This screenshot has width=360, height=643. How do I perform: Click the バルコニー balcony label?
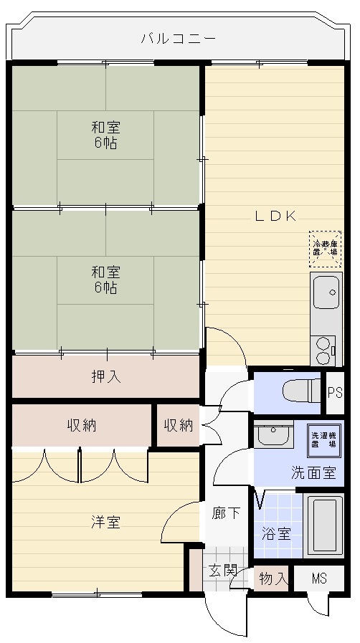coord(178,39)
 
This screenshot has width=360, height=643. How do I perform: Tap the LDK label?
coord(275,216)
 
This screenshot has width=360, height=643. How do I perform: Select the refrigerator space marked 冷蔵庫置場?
coord(325,249)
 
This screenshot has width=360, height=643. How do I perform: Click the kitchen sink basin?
coord(326,292)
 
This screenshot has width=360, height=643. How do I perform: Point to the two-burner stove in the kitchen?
coord(323,351)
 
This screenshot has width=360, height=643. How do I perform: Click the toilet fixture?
coord(302,391)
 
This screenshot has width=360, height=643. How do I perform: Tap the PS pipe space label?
coord(335,393)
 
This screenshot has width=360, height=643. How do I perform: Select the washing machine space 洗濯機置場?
coord(324,441)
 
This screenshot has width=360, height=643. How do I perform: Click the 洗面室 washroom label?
coord(313,473)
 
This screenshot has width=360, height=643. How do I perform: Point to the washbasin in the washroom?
coord(273,434)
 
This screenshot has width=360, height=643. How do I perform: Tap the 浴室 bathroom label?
coord(277,534)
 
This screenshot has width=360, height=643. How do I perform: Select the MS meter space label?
coord(319,578)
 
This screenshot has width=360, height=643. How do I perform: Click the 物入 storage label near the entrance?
coord(273,579)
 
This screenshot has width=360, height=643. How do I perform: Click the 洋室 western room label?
coord(106,523)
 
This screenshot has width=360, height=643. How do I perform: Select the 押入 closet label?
coord(106,376)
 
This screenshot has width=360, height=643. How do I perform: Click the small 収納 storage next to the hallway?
coord(179,426)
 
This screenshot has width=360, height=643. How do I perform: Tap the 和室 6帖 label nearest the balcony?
coord(106,135)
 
